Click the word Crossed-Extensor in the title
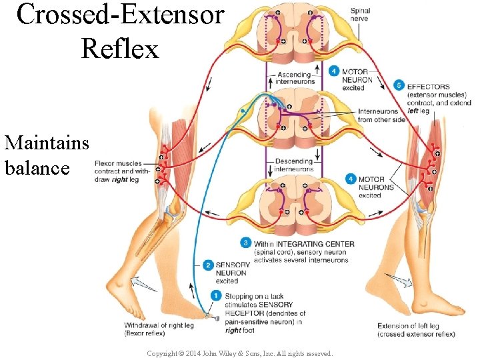pyautogui.click(x=120, y=15)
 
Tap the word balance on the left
pyautogui.click(x=37, y=167)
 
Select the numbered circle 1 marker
pyautogui.click(x=215, y=295)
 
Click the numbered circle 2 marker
pyautogui.click(x=208, y=265)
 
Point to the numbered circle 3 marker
pyautogui.click(x=246, y=243)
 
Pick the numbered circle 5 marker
pyautogui.click(x=399, y=85)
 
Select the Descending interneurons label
pyautogui.click(x=294, y=165)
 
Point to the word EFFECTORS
pyautogui.click(x=428, y=87)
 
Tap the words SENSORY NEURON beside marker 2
pyautogui.click(x=232, y=269)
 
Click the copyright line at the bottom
pyautogui.click(x=239, y=353)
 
